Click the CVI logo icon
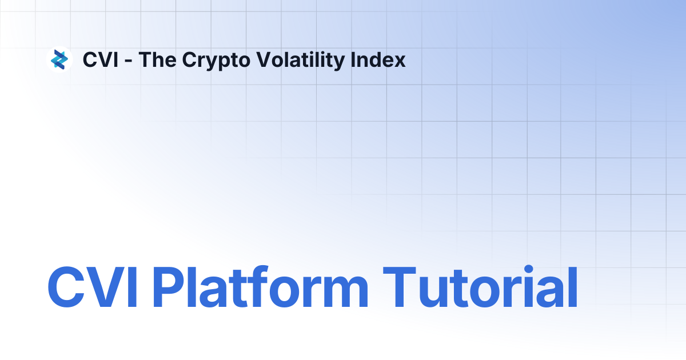[59, 59]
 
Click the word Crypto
[209, 61]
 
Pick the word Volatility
[294, 59]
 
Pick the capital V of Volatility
[259, 59]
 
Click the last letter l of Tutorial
[571, 288]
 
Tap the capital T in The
[145, 59]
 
